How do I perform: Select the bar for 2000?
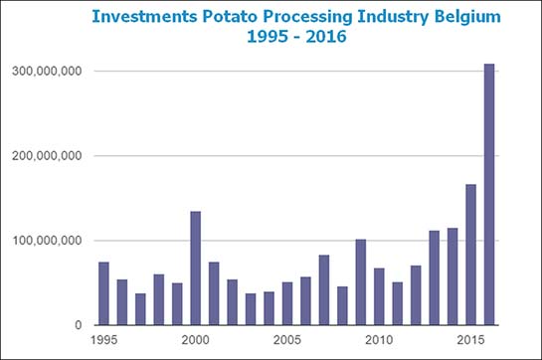coord(196,269)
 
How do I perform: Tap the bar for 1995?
coord(103,293)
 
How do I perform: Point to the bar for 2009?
coord(360,282)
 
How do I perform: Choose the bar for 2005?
coord(287,303)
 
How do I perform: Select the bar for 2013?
coord(434,277)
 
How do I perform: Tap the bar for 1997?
coord(140,309)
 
